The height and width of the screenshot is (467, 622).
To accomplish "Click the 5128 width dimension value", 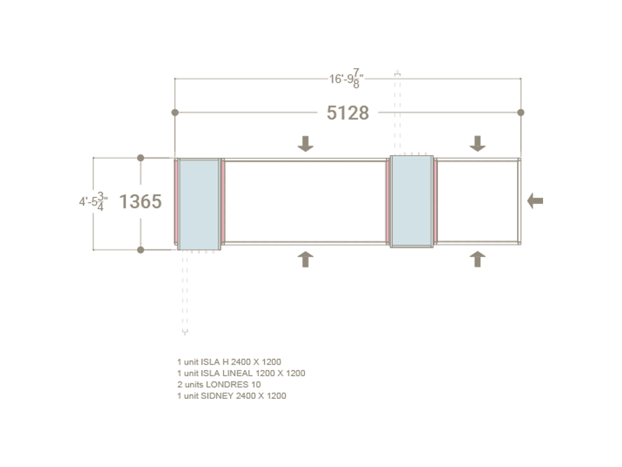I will [x=348, y=113].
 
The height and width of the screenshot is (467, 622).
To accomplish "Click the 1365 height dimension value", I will [x=140, y=201].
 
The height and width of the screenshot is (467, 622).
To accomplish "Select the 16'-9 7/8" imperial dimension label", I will [x=347, y=79].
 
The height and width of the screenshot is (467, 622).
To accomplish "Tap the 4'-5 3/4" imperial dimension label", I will [x=93, y=201].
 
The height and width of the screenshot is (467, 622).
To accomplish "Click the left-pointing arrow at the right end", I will [x=535, y=200].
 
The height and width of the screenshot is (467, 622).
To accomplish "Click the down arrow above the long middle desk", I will [x=305, y=143].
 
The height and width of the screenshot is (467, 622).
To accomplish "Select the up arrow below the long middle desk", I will [x=305, y=259].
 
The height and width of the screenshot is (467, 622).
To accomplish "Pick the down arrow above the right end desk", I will [x=477, y=143].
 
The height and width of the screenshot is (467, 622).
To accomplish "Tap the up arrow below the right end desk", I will [x=477, y=259].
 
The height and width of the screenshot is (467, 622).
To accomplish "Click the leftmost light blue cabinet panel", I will [x=199, y=203].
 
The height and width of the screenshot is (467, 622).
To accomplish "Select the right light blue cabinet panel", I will [x=411, y=201].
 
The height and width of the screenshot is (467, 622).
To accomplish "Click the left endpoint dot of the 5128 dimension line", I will [x=175, y=112].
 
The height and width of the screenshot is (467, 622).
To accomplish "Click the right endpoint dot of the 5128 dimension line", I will [x=521, y=112].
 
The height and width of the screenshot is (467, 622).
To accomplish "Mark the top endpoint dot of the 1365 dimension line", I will [x=140, y=158].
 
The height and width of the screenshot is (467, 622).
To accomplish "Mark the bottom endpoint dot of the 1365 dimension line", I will [x=140, y=250].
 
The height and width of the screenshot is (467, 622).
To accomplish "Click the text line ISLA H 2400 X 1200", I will [x=229, y=362].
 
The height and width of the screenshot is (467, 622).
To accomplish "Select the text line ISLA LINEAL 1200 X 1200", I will [x=241, y=373].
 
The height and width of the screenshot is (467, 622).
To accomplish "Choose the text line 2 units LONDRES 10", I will [x=219, y=385].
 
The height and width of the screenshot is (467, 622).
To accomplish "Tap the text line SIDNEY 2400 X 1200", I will [x=231, y=396].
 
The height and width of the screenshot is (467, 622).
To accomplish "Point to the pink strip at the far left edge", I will [x=177, y=203].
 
